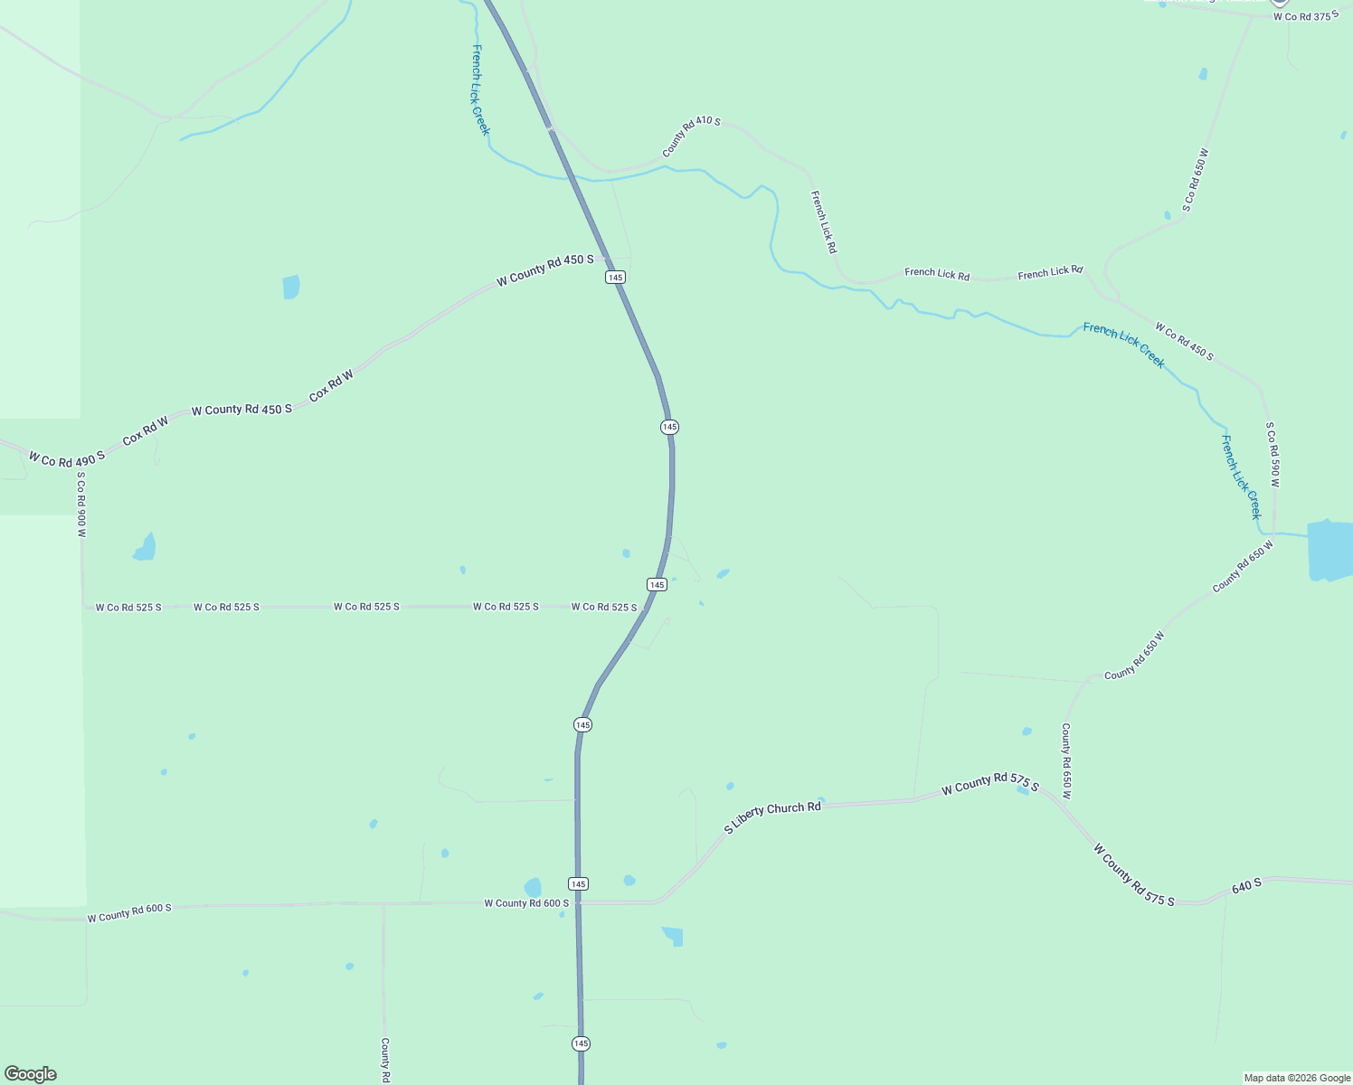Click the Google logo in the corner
[x=31, y=1074]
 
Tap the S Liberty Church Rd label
[x=772, y=816]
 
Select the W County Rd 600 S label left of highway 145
[x=526, y=903]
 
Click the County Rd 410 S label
[x=691, y=137]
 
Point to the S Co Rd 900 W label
[x=81, y=505]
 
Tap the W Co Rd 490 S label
[x=66, y=458]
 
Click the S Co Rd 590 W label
[x=1273, y=454]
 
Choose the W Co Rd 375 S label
[x=1305, y=16]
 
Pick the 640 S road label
[x=1246, y=887]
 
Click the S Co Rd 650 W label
[x=1195, y=181]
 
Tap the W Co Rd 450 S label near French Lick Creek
[x=1183, y=342]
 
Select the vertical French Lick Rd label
[x=823, y=222]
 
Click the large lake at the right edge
[x=1329, y=550]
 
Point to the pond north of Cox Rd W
[x=290, y=288]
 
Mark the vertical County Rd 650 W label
[x=1066, y=760]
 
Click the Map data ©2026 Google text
[x=1297, y=1078]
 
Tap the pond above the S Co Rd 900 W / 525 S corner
[x=145, y=548]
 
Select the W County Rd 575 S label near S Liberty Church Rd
[x=989, y=783]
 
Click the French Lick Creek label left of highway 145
[x=480, y=90]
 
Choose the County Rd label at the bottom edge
[x=384, y=1060]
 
